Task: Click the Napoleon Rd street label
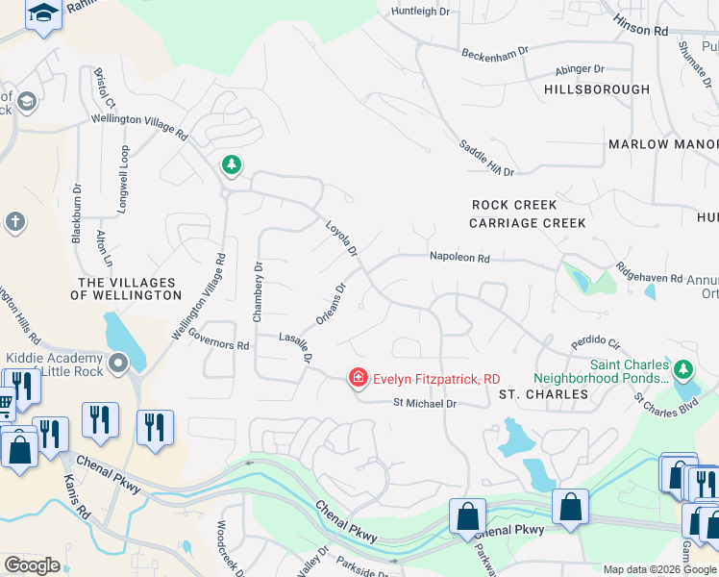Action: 459,259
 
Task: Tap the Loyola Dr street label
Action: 340,238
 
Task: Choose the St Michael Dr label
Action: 423,404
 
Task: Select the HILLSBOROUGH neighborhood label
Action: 597,89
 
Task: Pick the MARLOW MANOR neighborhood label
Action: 662,144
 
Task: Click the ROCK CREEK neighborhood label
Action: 514,205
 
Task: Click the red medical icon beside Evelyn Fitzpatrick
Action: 359,379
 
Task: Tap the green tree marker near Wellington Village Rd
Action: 231,165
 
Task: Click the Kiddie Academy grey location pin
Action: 118,364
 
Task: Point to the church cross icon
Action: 14,222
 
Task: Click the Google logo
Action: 32,565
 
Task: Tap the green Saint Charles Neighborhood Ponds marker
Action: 683,369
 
